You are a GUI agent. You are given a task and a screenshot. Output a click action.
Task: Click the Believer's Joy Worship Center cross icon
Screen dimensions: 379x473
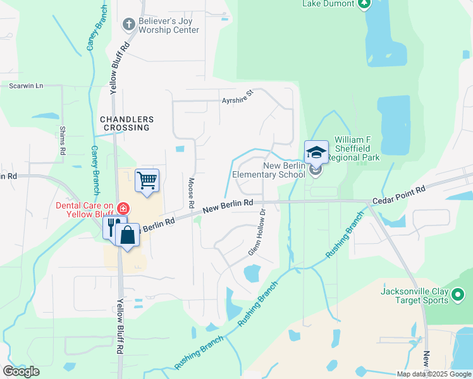[x=129, y=25]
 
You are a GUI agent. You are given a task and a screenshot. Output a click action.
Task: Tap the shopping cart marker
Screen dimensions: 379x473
[x=147, y=181]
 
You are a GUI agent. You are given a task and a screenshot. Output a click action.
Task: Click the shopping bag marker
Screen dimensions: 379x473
[x=128, y=235]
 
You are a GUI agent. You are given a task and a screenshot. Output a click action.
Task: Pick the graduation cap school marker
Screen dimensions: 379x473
[x=316, y=153]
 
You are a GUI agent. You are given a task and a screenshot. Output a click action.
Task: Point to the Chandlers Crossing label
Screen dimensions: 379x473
[x=126, y=123]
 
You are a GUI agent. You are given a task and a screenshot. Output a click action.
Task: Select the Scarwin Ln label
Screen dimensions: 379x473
[x=26, y=85]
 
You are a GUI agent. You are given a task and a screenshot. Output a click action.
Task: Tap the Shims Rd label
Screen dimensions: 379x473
[x=63, y=140]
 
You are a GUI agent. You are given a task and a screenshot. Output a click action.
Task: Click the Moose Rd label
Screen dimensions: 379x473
[x=190, y=193]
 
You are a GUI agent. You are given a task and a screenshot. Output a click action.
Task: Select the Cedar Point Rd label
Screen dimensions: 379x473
[x=399, y=194]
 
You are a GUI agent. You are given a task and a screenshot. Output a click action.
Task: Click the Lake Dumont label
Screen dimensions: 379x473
[x=326, y=3]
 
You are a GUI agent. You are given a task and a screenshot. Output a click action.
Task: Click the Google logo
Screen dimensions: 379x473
[x=21, y=371]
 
